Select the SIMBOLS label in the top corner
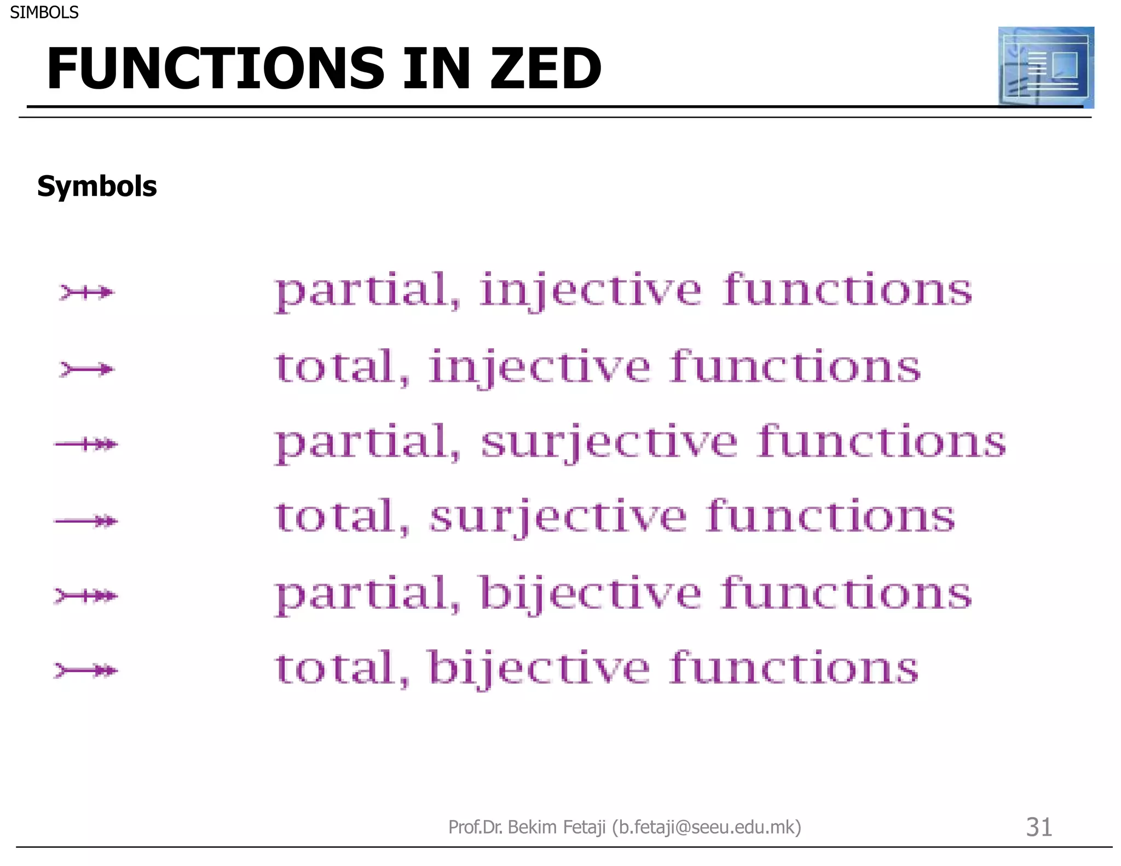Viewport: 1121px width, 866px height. [44, 12]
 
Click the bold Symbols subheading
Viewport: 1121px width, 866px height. [97, 186]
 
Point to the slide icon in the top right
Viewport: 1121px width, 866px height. [1045, 67]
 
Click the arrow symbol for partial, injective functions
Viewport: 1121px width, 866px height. [86, 292]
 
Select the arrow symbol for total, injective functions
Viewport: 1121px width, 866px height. [86, 370]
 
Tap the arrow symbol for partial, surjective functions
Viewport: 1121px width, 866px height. [86, 444]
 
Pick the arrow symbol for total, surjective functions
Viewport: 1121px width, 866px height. [86, 521]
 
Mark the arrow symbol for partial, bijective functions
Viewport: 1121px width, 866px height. [86, 595]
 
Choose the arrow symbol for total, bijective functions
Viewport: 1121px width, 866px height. [86, 670]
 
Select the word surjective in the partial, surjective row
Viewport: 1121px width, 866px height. [609, 442]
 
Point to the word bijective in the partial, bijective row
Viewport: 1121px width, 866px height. [590, 593]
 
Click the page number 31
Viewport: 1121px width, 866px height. [1038, 827]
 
